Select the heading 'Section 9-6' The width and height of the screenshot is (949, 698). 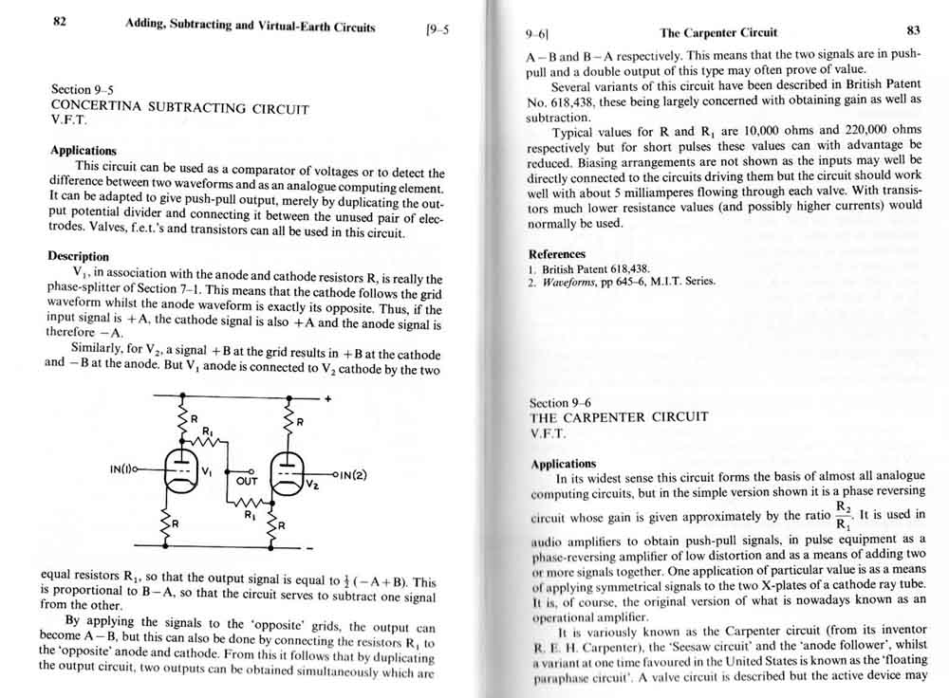tap(561, 403)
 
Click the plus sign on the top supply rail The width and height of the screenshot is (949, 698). tap(328, 399)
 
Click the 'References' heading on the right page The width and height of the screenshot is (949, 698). tap(556, 254)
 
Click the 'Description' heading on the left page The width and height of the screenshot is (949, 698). tap(78, 256)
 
